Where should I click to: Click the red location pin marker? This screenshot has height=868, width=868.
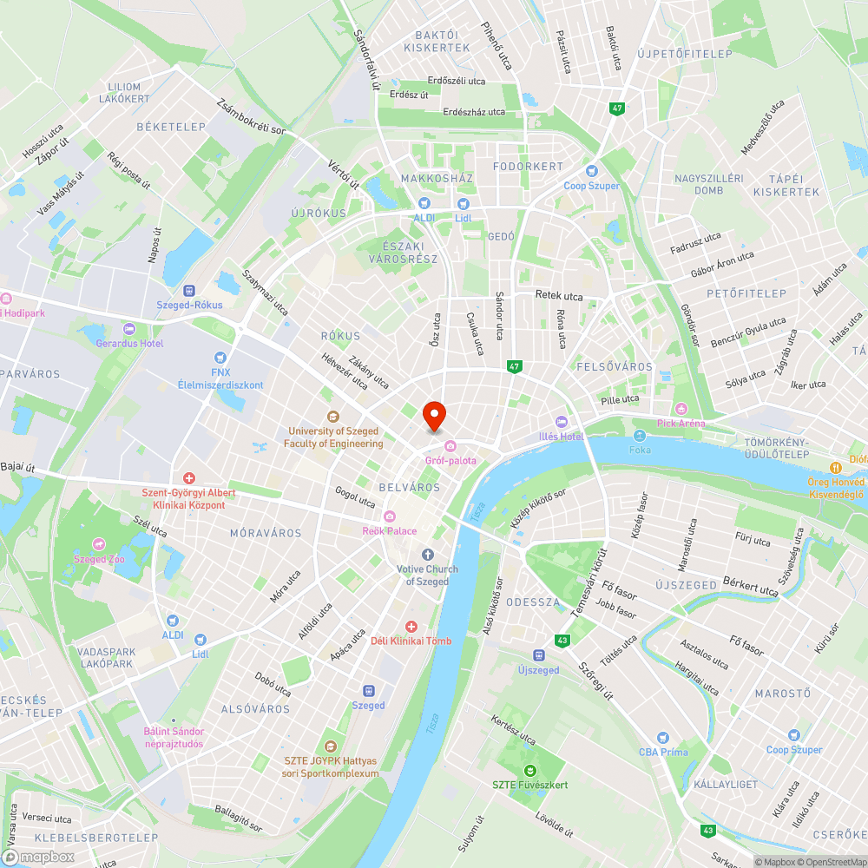pyautogui.click(x=433, y=416)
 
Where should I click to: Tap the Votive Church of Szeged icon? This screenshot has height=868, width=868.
pyautogui.click(x=427, y=554)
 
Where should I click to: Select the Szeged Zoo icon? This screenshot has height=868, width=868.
pyautogui.click(x=100, y=544)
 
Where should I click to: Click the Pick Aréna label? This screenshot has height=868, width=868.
pyautogui.click(x=705, y=424)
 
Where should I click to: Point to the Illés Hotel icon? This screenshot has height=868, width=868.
pyautogui.click(x=561, y=423)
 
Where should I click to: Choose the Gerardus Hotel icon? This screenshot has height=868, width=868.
pyautogui.click(x=129, y=329)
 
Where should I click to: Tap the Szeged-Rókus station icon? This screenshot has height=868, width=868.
pyautogui.click(x=189, y=291)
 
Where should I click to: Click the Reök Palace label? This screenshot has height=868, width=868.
pyautogui.click(x=390, y=531)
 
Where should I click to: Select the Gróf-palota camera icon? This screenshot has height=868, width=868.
pyautogui.click(x=450, y=446)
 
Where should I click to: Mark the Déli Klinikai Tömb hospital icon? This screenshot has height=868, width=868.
pyautogui.click(x=411, y=627)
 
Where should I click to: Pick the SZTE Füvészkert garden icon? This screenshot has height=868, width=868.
pyautogui.click(x=529, y=770)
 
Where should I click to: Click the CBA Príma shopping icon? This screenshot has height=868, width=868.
pyautogui.click(x=663, y=738)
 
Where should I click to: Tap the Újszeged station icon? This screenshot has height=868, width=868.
pyautogui.click(x=538, y=655)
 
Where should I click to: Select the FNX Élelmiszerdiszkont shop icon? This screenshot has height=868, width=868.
pyautogui.click(x=220, y=357)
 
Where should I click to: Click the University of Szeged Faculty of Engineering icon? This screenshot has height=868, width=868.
pyautogui.click(x=332, y=417)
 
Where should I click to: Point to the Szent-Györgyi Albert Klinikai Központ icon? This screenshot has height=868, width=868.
pyautogui.click(x=188, y=478)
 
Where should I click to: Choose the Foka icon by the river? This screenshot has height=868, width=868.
pyautogui.click(x=640, y=436)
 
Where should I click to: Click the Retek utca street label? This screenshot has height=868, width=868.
pyautogui.click(x=559, y=296)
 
